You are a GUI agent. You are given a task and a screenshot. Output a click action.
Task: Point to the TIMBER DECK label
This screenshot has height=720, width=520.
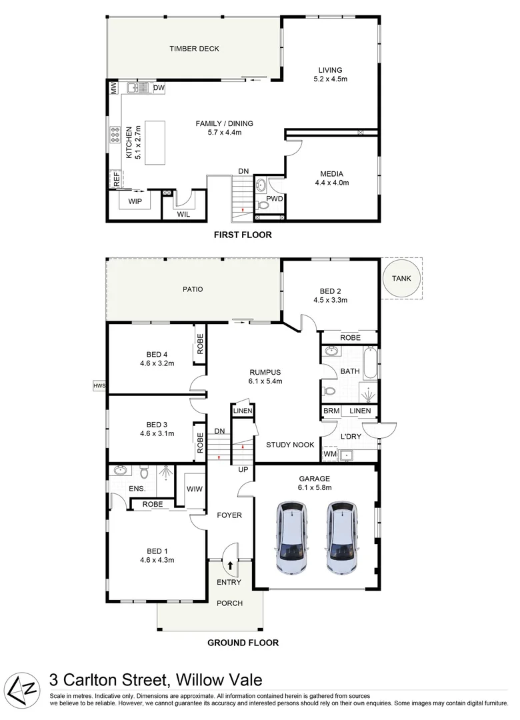click(x=194, y=49)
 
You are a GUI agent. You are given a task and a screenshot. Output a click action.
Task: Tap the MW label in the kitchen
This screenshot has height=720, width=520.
click(x=114, y=88)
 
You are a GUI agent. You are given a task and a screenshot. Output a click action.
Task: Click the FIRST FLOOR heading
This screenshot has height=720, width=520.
click(x=242, y=235)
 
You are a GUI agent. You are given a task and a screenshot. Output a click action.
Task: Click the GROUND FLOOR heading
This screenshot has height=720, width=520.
click(x=243, y=643)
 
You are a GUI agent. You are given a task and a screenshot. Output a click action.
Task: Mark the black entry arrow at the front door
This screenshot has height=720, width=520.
click(x=231, y=566)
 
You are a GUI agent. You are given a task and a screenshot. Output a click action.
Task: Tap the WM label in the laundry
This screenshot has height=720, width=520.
click(x=329, y=455)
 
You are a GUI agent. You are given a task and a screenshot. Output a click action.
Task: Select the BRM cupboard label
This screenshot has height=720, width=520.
click(x=331, y=411)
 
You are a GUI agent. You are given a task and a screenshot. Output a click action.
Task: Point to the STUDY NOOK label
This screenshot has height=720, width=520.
click(x=287, y=445)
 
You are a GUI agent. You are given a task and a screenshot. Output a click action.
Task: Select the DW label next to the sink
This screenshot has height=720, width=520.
click(x=159, y=88)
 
